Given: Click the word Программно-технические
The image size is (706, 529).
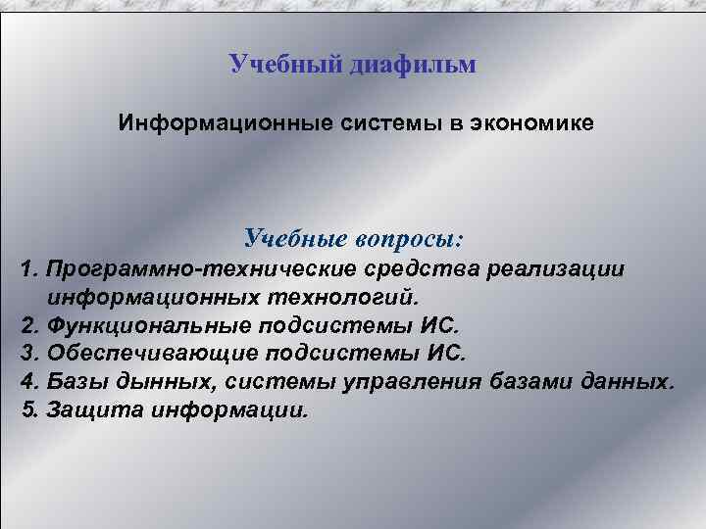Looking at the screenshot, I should coord(196,268).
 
